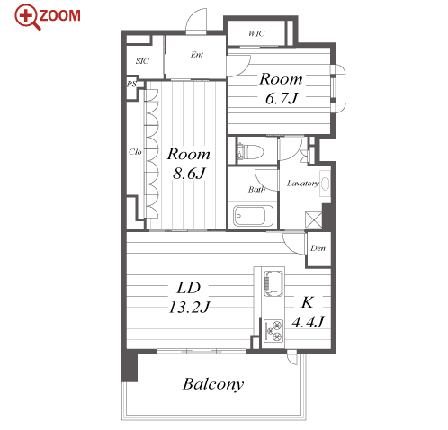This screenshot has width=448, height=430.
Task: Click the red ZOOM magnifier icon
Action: click(x=28, y=17)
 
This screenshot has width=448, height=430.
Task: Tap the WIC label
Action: click(x=256, y=33)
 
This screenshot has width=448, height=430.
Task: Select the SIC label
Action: click(x=142, y=61)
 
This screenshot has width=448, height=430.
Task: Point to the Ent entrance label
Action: click(x=197, y=54)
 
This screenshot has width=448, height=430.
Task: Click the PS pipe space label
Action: click(x=131, y=84)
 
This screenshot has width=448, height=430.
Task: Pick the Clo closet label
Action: click(x=135, y=152)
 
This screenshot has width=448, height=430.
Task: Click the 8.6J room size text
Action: click(x=189, y=174)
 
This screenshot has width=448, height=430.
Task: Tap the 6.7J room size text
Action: click(x=282, y=98)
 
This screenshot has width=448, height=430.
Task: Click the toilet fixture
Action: click(x=250, y=151)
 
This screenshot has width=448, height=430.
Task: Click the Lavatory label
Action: click(x=303, y=183)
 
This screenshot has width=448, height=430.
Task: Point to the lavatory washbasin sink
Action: click(x=325, y=184)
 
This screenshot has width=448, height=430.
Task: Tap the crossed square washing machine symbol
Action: click(x=313, y=220)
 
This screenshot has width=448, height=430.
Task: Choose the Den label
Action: click(x=318, y=248)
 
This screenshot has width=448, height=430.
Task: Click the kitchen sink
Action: click(x=273, y=283)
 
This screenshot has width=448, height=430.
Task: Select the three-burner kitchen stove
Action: click(x=273, y=331)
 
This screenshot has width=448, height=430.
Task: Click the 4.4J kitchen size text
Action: click(x=308, y=322)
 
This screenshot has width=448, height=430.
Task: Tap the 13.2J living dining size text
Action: click(x=189, y=308)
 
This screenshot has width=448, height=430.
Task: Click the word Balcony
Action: click(x=213, y=384)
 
